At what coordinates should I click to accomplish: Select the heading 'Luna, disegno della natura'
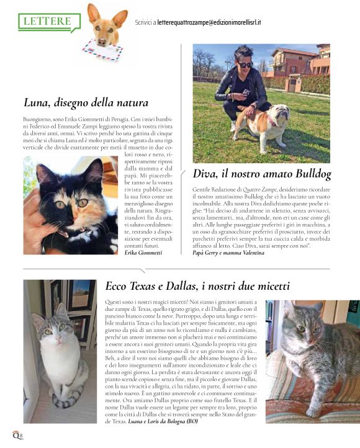(x=86, y=102)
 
